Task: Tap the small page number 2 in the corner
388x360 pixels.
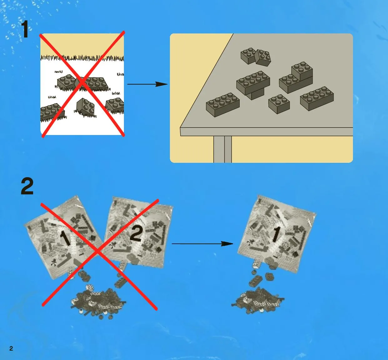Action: tap(11, 348)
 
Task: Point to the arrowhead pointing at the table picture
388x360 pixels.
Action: tap(161, 84)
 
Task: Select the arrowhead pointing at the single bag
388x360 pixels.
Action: tap(227, 244)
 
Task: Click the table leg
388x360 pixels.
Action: tap(222, 149)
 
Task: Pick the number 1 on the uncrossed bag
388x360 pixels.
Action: tap(276, 235)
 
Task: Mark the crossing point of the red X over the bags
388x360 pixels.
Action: tap(97, 252)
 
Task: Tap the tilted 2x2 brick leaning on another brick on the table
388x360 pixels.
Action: tap(263, 57)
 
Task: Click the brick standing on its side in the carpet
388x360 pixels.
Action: tap(85, 107)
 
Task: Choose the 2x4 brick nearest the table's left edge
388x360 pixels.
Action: tap(223, 105)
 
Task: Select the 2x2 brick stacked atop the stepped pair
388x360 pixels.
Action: tap(302, 71)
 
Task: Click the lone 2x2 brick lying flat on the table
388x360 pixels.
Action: tap(279, 104)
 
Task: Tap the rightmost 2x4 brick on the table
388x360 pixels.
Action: tap(317, 98)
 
